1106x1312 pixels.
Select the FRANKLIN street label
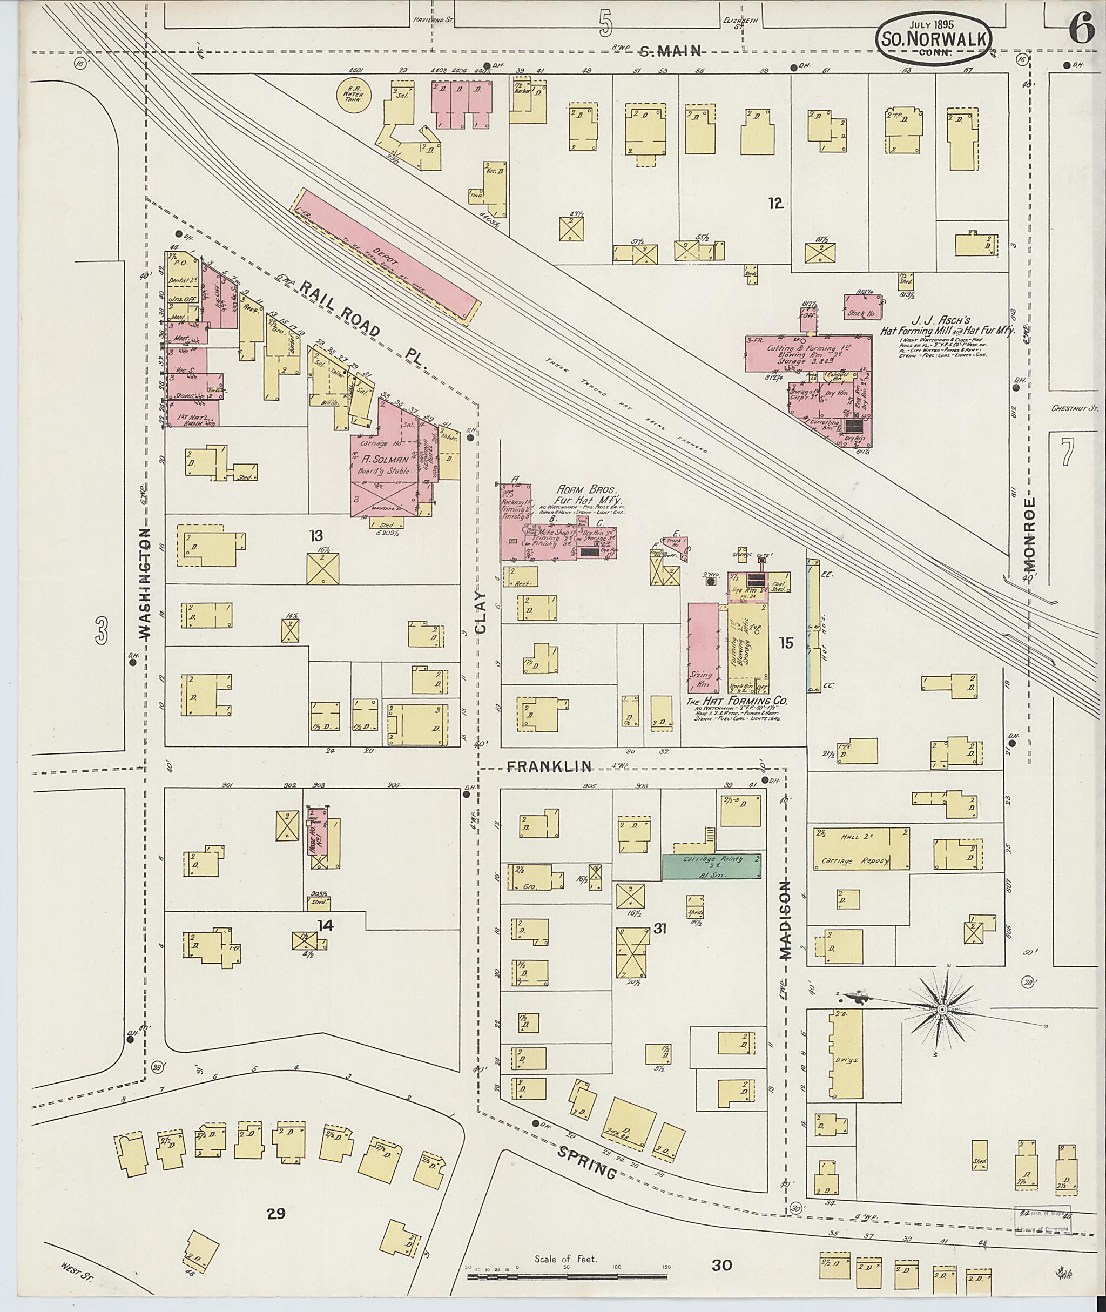coord(549,765)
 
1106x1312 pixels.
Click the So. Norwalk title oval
coord(935,38)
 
